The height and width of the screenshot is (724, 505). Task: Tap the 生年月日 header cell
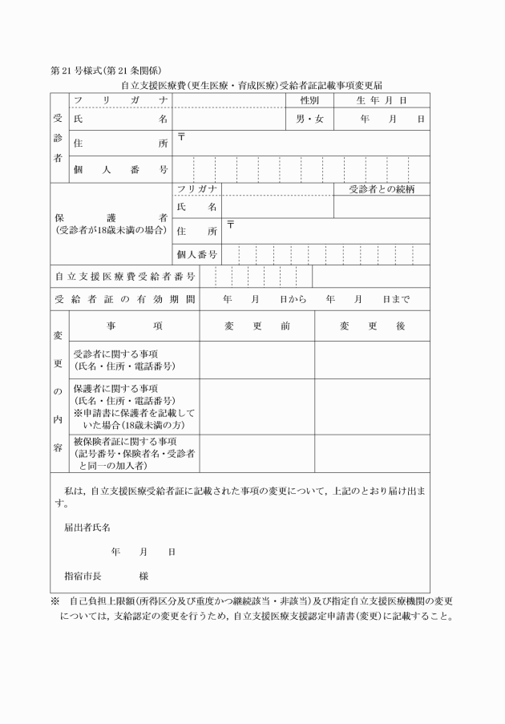[x=382, y=100]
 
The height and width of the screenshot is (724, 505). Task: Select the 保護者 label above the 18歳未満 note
[x=111, y=217]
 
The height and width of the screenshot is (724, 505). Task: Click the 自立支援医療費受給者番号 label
[x=125, y=277]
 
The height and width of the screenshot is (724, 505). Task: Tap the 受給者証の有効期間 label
[x=125, y=300]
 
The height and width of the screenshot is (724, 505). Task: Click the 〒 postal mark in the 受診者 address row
[x=181, y=136]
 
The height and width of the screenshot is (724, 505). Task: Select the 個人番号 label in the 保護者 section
[x=197, y=254]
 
